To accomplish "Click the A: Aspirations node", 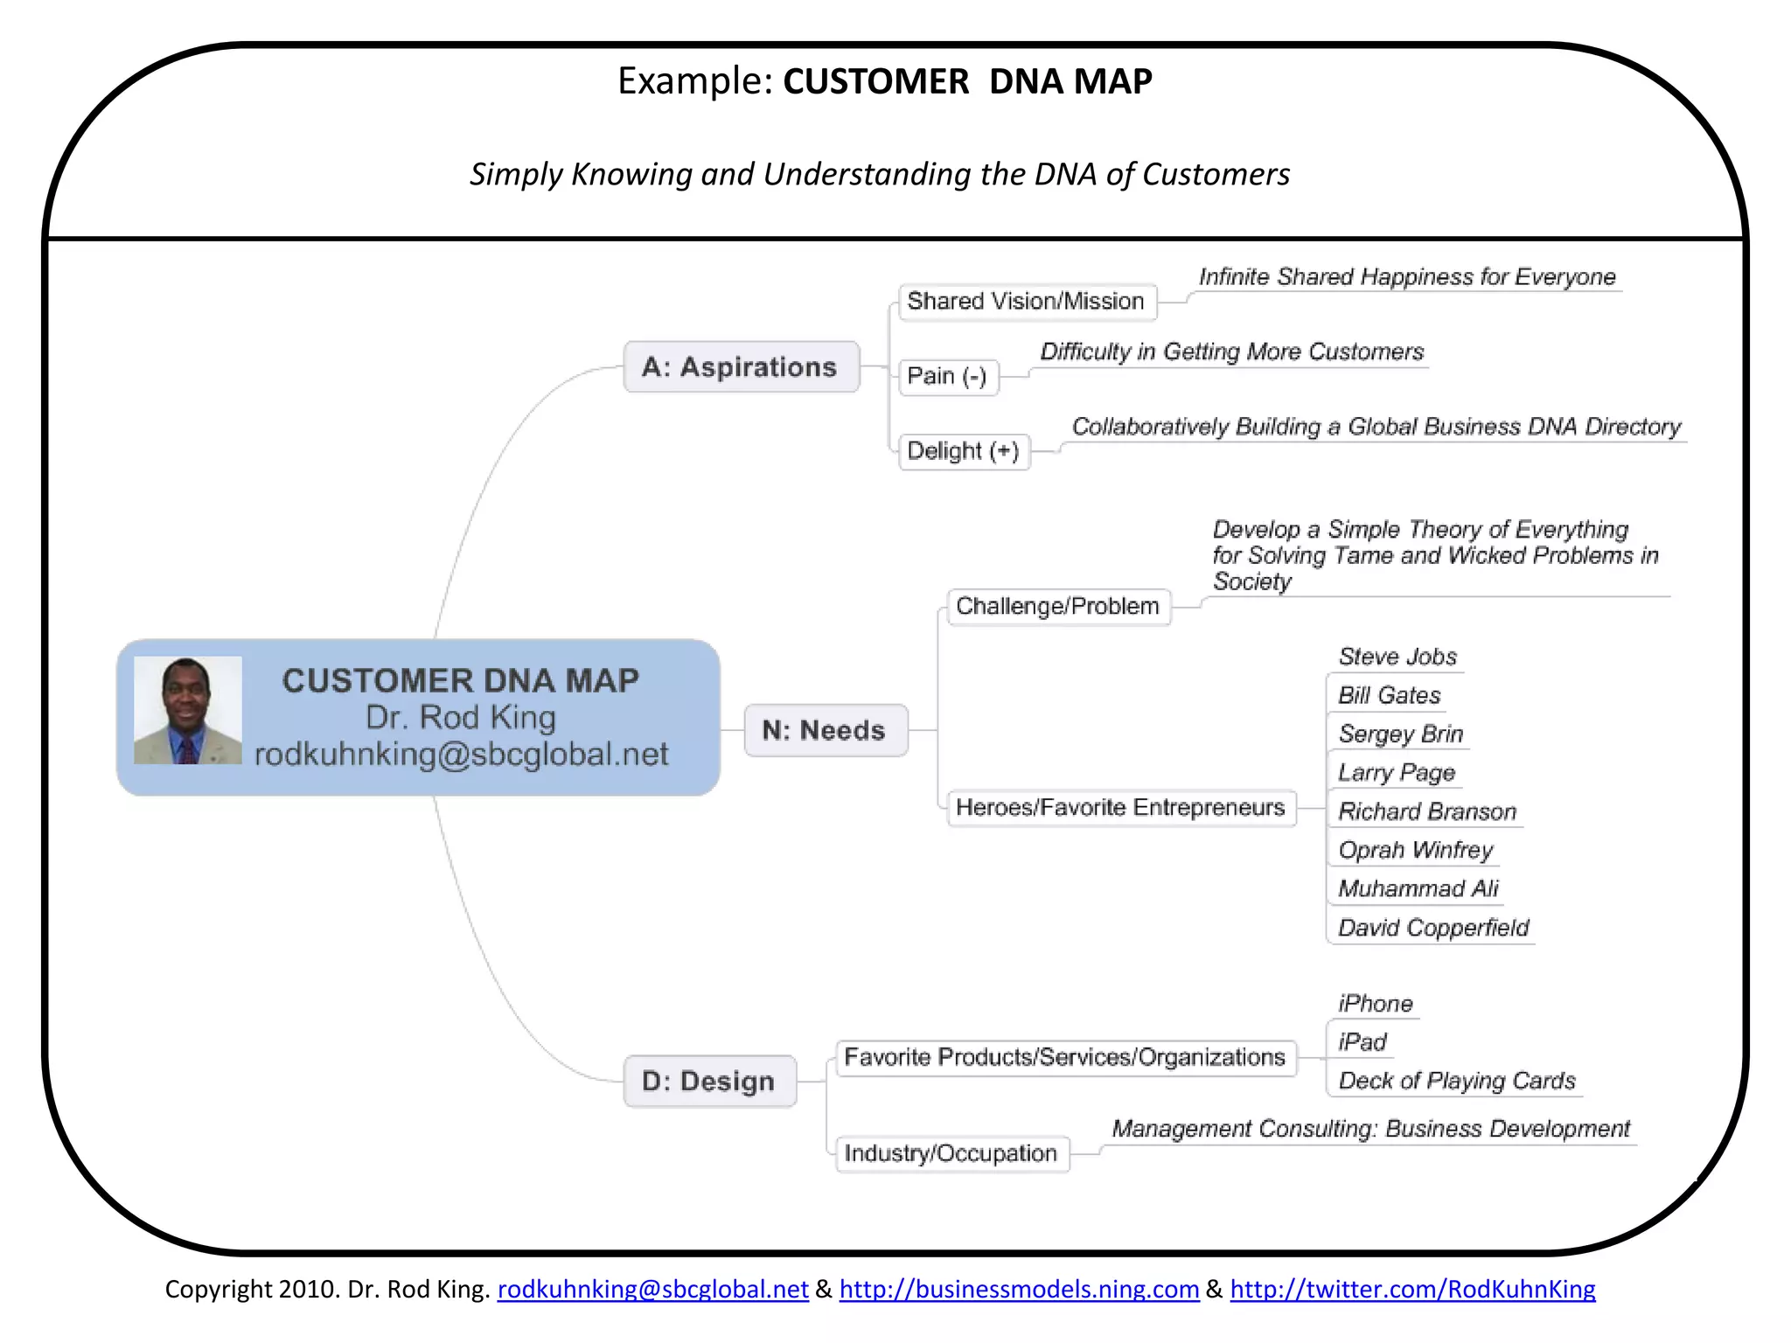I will coord(741,367).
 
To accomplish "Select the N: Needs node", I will coord(825,730).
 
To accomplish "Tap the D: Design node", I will coord(709,1082).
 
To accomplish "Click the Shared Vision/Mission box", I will coord(1027,302).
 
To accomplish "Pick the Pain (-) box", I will coord(948,377).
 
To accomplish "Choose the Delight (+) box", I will coord(964,451).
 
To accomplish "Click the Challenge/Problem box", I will coord(1058,606).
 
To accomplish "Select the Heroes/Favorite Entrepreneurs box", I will coord(1120,807).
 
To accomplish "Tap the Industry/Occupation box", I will coord(951,1153).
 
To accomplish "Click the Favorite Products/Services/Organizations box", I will coord(1065,1058).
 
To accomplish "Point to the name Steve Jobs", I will coord(1397,657).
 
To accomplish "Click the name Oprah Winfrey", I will coord(1415,850).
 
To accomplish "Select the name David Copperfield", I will coord(1433,928).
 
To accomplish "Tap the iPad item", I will coord(1362,1042).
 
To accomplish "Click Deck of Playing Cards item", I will coord(1457,1082).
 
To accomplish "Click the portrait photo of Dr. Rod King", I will coord(187,710).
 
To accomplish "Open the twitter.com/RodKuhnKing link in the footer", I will coord(1412,1290).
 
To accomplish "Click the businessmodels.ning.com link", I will coord(1019,1290).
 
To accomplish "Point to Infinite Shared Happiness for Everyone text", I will coord(1406,277).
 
